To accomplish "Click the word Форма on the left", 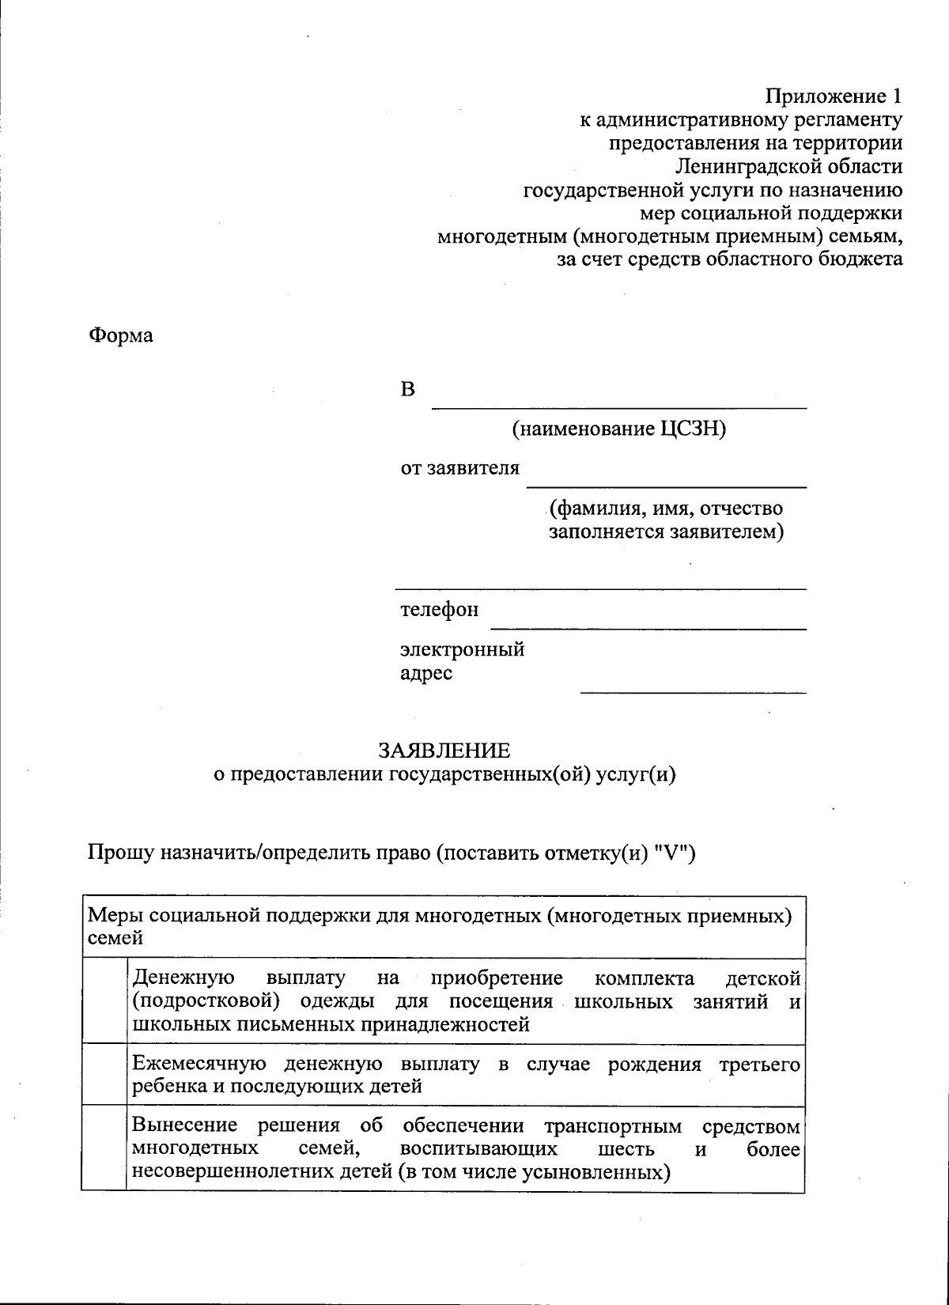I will (120, 335).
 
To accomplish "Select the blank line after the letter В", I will (618, 403).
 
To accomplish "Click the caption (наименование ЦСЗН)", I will (618, 429).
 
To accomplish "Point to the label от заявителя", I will (459, 468).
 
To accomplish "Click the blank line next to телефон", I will (648, 624).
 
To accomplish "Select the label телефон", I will (439, 611).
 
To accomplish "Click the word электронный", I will (462, 650).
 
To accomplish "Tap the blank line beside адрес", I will (693, 687).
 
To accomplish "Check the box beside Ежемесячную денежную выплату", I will (104, 1074).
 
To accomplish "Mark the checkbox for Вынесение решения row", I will (104, 1148).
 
